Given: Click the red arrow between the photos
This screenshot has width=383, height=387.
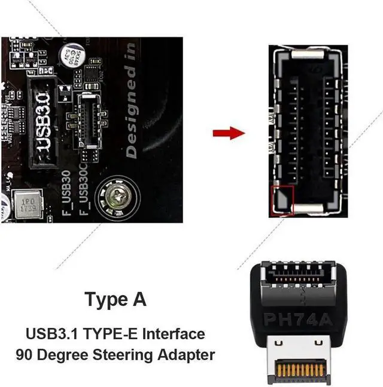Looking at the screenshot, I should pos(229,132).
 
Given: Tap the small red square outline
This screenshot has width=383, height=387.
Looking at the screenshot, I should pos(282,199).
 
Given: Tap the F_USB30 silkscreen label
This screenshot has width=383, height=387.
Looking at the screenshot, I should pos(68,188).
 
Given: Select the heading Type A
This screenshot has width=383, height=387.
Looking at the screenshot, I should pos(115,299).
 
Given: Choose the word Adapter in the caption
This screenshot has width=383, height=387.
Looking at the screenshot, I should pos(187,354).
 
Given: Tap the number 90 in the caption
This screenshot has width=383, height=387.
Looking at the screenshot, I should pos(25,354).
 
